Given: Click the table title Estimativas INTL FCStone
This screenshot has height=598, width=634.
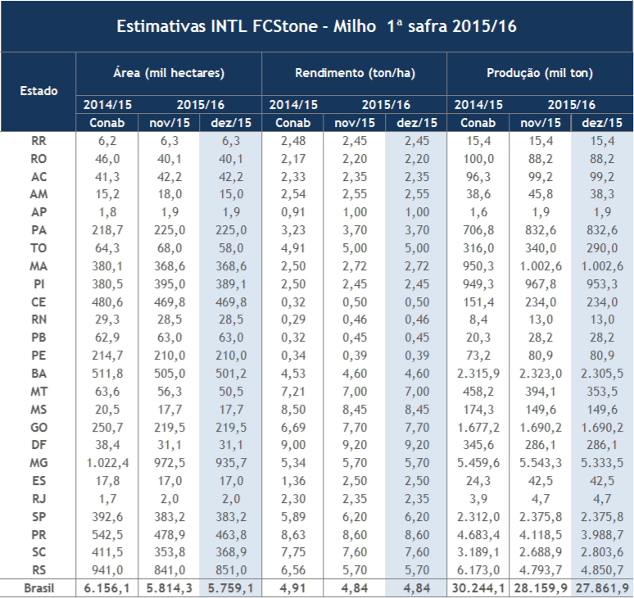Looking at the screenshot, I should [316, 26].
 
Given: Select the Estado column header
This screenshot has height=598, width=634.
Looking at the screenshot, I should [38, 90].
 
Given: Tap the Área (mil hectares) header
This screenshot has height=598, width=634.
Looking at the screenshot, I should [169, 73].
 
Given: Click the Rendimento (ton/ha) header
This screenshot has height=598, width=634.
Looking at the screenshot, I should [355, 73].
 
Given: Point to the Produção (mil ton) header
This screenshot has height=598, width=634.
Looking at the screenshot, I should [540, 73].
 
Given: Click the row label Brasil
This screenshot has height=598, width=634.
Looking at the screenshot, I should [38, 587].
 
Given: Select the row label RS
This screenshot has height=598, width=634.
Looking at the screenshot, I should [38, 569].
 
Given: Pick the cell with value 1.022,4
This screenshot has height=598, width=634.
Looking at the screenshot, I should [108, 462].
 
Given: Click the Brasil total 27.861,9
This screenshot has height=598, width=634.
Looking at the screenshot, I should [602, 587].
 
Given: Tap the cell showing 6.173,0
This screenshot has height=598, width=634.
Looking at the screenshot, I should [478, 569].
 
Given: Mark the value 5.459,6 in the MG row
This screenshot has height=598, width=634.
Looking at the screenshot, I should [478, 462].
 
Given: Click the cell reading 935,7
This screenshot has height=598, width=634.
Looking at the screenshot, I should [231, 462].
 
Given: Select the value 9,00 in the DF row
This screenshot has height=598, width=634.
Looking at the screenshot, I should [292, 444].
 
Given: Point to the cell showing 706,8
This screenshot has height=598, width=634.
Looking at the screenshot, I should [478, 231].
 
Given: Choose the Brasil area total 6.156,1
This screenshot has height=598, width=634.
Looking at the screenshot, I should [108, 587].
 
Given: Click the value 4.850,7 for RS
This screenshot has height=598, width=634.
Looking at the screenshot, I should [602, 569].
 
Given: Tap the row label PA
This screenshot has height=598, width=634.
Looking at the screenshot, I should [38, 231].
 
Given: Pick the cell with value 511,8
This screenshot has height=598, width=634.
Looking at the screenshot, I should [108, 373].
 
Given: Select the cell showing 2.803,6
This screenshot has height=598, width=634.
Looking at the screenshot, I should [602, 550].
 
